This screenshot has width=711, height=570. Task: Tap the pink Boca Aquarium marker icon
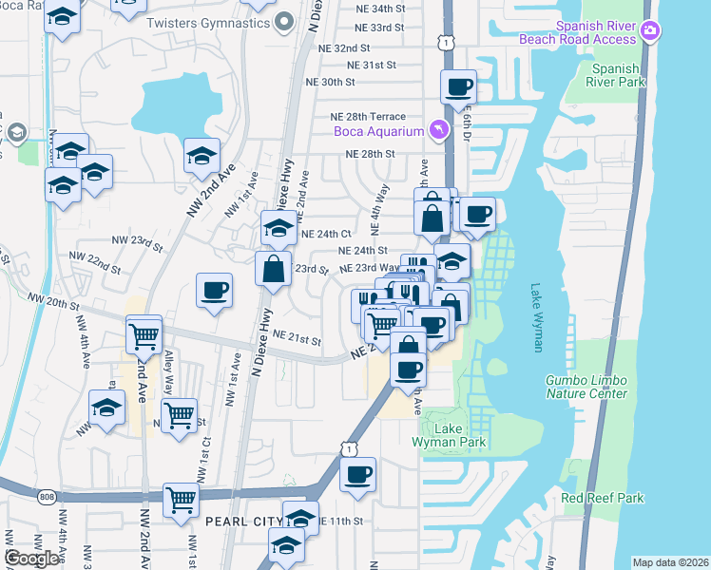[438, 129]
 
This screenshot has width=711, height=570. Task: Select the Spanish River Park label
[617, 75]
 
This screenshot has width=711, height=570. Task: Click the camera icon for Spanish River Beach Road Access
[650, 31]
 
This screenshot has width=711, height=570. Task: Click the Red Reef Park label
[602, 498]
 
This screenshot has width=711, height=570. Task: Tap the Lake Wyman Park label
[449, 435]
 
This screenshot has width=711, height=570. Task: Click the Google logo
[31, 558]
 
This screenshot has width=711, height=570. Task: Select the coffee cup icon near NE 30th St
[458, 86]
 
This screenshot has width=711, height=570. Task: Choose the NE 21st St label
[297, 336]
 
